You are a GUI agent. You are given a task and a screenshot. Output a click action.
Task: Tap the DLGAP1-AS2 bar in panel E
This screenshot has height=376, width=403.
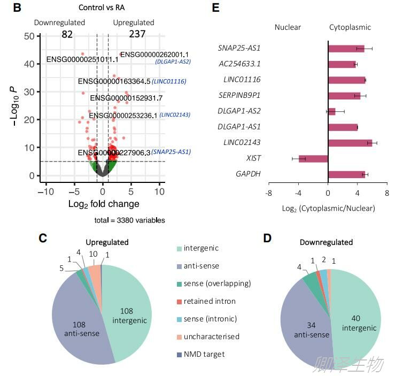pyautogui.click(x=332, y=111)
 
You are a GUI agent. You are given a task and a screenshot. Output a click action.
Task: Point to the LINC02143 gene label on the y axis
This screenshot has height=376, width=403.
pyautogui.click(x=245, y=143)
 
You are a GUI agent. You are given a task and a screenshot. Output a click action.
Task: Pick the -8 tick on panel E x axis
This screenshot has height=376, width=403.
pyautogui.click(x=269, y=193)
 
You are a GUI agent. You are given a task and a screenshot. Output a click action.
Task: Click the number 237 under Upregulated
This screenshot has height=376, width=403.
pyautogui.click(x=137, y=35)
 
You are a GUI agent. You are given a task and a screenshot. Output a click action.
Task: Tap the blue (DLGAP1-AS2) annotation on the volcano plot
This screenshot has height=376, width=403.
pyautogui.click(x=173, y=62)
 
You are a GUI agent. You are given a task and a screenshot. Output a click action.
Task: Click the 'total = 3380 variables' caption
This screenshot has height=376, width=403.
pyautogui.click(x=129, y=220)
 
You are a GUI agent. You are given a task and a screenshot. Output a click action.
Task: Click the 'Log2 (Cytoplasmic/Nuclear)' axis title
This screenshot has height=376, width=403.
pyautogui.click(x=329, y=208)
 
